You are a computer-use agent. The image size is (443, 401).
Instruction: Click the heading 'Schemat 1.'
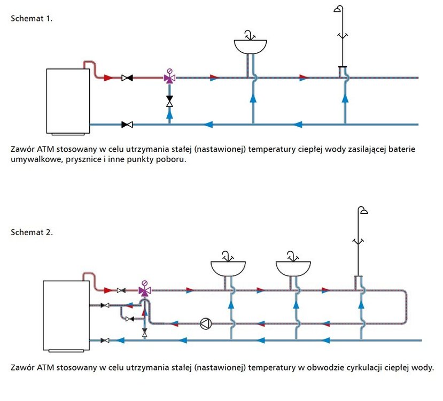click(32, 18)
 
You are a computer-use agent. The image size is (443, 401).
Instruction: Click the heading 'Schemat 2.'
click(32, 232)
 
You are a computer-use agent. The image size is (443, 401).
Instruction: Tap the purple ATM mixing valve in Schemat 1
click(170, 78)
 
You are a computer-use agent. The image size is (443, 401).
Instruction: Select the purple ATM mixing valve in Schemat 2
click(144, 290)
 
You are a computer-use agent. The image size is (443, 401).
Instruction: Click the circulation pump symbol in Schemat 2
click(205, 323)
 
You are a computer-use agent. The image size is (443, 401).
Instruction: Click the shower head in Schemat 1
click(339, 10)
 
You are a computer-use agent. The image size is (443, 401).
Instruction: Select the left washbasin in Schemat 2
click(228, 267)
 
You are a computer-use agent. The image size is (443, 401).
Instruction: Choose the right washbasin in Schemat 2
click(293, 267)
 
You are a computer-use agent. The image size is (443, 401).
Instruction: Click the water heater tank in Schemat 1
click(67, 101)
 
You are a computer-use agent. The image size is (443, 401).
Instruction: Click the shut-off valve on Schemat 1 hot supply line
click(127, 78)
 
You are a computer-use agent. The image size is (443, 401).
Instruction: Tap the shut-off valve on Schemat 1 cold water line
click(127, 125)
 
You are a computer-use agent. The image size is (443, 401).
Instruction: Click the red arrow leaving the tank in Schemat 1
click(108, 78)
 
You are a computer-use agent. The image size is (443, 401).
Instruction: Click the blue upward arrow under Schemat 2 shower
click(362, 304)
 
